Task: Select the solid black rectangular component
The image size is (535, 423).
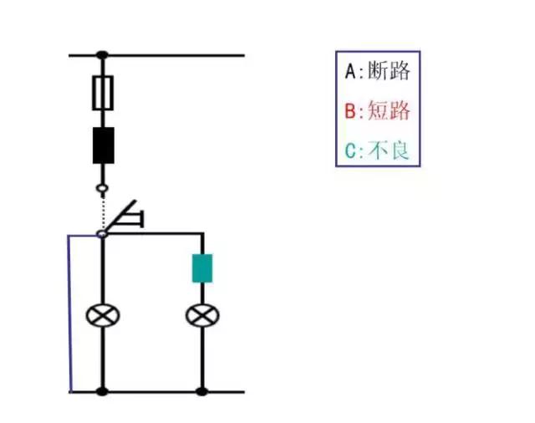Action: pos(102,145)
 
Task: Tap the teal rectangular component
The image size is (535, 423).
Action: pos(201,268)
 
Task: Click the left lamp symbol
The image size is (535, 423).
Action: pos(102,315)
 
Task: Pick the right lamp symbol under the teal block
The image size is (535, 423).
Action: pos(201,315)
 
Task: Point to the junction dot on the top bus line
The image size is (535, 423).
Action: pos(102,56)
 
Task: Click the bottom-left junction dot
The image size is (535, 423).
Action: pos(102,390)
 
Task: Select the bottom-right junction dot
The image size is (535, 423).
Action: pos(201,390)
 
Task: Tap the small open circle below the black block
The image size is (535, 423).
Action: pos(102,189)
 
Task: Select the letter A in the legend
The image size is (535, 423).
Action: pos(351,71)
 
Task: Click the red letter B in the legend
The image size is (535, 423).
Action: pos(351,110)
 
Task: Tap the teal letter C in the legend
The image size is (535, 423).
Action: pos(351,151)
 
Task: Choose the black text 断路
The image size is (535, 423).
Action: pos(389,70)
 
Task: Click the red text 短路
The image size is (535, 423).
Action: pos(389,110)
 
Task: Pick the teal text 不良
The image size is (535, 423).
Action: pos(389,150)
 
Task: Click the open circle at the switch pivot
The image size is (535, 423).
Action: pos(102,234)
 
